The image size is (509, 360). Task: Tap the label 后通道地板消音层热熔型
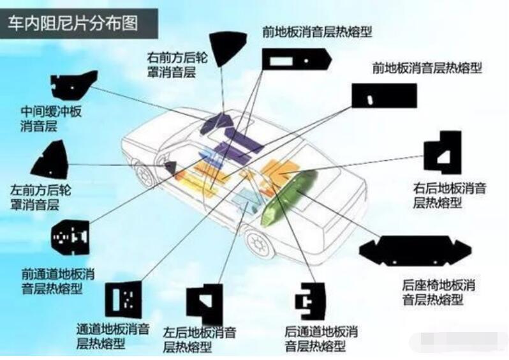coord(321,339)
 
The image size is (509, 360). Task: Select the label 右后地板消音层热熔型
coord(450,195)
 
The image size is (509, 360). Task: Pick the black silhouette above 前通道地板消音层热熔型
coord(71,237)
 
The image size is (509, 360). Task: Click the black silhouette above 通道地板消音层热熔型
coord(122,299)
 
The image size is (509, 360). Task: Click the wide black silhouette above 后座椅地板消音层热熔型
coord(415,251)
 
